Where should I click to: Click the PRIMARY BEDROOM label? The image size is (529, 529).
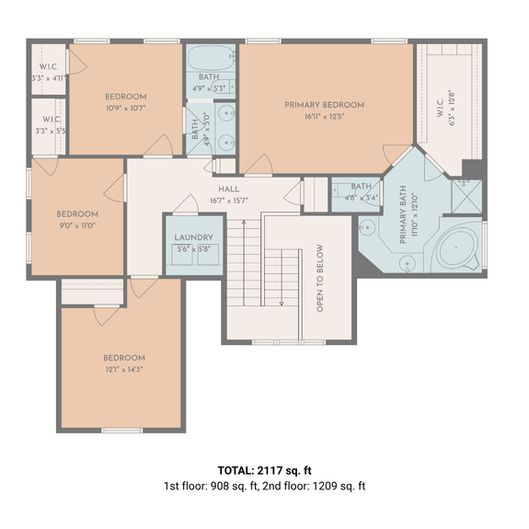pyautogui.click(x=324, y=105)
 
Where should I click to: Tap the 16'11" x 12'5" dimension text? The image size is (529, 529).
pyautogui.click(x=324, y=117)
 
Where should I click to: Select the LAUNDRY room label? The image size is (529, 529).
pyautogui.click(x=193, y=237)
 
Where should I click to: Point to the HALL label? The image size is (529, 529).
pyautogui.click(x=229, y=189)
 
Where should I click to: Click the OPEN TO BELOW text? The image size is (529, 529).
pyautogui.click(x=320, y=279)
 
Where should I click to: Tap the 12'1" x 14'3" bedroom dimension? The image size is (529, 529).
pyautogui.click(x=123, y=370)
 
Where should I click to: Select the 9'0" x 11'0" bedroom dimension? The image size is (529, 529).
pyautogui.click(x=77, y=225)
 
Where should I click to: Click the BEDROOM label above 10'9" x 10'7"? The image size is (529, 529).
pyautogui.click(x=125, y=97)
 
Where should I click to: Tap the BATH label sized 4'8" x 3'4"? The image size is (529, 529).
pyautogui.click(x=354, y=186)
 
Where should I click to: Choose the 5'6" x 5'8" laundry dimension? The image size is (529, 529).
pyautogui.click(x=193, y=248)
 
